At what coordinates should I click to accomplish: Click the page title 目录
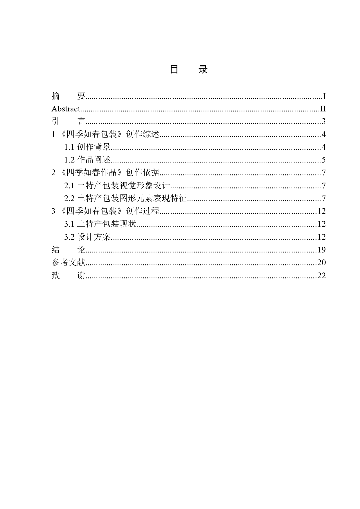(x=189, y=69)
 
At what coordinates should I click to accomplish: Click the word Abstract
(x=66, y=109)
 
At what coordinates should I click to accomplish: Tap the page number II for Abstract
(x=323, y=109)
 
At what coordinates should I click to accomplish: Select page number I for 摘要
(x=324, y=96)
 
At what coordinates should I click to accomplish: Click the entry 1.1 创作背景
(x=87, y=147)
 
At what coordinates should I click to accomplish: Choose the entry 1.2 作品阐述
(x=87, y=160)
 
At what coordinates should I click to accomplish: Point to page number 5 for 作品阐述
(x=324, y=160)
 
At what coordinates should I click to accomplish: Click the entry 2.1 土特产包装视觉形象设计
(x=117, y=185)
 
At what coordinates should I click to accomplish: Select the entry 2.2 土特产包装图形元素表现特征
(x=125, y=198)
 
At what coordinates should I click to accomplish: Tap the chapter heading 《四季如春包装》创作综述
(x=110, y=134)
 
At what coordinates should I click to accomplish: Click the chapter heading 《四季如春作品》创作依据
(x=110, y=173)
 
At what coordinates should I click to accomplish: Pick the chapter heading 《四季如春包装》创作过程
(x=110, y=211)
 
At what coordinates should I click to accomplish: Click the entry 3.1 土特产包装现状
(x=100, y=224)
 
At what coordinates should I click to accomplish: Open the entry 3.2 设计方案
(x=87, y=237)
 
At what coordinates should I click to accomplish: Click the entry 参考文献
(x=69, y=262)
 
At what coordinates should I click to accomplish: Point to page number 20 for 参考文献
(x=322, y=262)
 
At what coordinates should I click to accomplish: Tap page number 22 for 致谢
(x=322, y=275)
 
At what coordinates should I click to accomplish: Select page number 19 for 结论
(x=322, y=250)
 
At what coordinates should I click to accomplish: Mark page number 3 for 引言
(x=324, y=122)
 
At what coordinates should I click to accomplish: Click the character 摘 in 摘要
(x=56, y=96)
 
